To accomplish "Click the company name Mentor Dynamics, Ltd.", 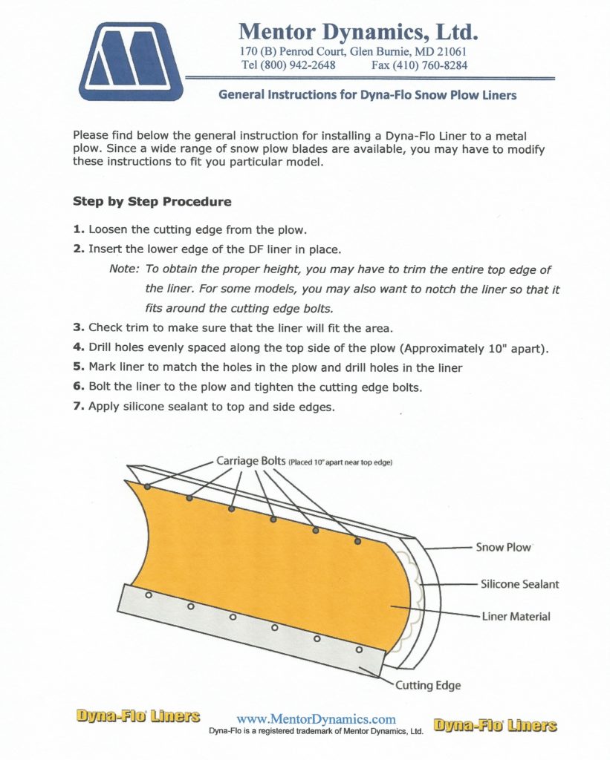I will coord(357,32).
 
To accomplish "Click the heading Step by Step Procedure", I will coord(152,201).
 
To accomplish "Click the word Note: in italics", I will coord(124,269).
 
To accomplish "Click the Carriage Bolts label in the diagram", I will coord(250,461).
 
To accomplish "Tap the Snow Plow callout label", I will coord(503,547).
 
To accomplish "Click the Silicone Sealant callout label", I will coord(519,584).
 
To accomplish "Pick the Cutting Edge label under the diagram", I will coord(427,685).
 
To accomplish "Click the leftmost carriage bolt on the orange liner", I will coord(148,486).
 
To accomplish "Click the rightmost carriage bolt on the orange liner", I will coord(357,541).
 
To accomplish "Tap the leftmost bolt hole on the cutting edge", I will coord(149,594).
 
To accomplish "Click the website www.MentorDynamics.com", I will coord(316,718).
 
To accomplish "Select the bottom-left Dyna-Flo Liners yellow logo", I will coord(138,717).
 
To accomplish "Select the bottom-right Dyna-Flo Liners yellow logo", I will coord(495,725).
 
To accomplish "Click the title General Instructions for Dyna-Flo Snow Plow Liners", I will coord(367,95).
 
